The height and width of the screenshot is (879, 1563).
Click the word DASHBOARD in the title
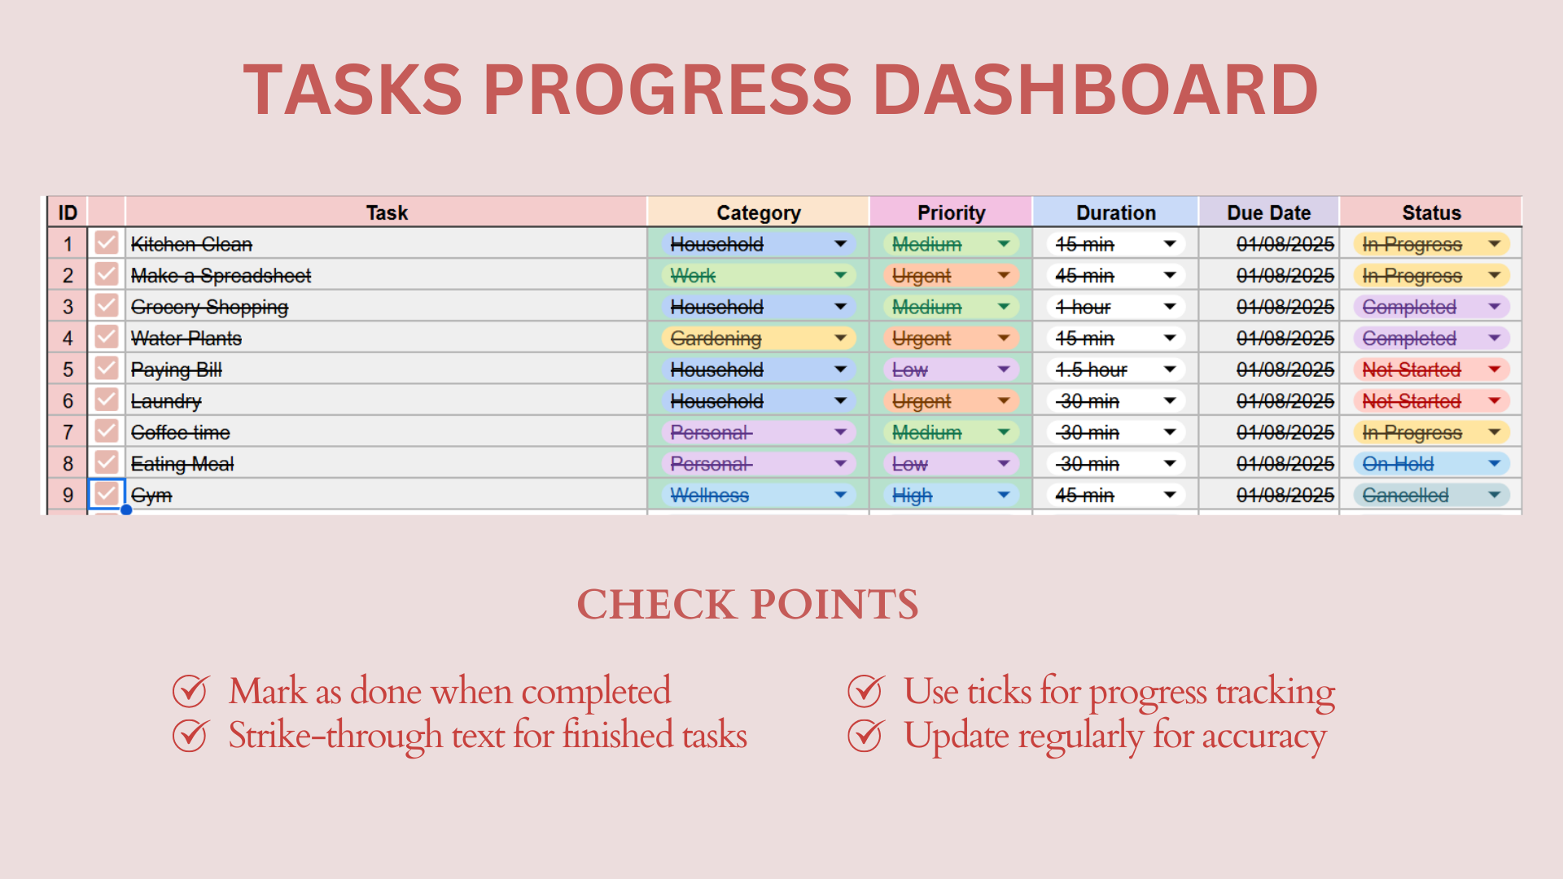click(x=1095, y=90)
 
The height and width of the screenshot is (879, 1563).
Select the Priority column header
click(x=951, y=213)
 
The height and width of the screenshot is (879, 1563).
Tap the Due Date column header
click(x=1268, y=213)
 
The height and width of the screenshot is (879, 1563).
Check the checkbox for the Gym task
click(x=107, y=494)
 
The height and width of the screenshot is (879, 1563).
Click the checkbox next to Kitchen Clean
click(x=107, y=243)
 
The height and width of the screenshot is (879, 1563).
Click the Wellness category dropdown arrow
click(x=840, y=495)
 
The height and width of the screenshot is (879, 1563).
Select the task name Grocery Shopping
click(x=210, y=308)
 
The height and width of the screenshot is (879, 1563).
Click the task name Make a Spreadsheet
click(x=221, y=276)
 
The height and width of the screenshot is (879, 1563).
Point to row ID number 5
click(x=68, y=370)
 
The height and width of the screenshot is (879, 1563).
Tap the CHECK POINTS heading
click(x=747, y=605)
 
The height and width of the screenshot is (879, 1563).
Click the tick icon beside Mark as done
click(x=191, y=692)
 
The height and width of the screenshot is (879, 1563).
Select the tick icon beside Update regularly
click(x=866, y=736)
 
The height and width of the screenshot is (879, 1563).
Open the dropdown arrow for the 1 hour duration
click(x=1170, y=307)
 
